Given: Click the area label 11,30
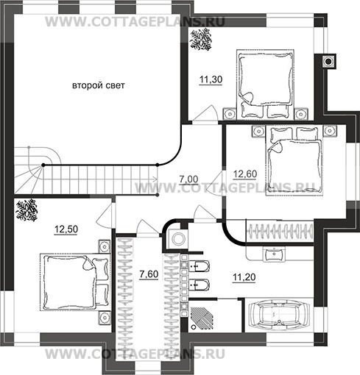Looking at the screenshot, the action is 211,79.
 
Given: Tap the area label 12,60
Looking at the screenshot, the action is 245,174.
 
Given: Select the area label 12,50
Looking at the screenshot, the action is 66,229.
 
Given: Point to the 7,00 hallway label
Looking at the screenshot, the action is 188,179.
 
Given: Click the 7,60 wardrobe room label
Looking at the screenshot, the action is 149,274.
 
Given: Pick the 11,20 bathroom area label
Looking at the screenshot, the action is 244,277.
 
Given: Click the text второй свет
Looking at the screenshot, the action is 99,85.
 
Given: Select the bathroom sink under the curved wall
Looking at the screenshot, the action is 274,254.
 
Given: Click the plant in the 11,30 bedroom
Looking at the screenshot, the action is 201,40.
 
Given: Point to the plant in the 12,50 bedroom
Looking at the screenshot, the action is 27,210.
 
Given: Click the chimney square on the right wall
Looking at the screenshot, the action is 328,61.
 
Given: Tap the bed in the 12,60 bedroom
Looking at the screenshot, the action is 294,160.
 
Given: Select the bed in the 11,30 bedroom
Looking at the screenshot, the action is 265,85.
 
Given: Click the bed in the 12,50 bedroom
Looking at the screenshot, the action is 74,282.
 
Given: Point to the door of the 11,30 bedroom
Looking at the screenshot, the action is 205,113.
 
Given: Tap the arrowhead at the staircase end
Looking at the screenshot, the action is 155,179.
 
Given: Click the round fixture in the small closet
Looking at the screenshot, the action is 178,239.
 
